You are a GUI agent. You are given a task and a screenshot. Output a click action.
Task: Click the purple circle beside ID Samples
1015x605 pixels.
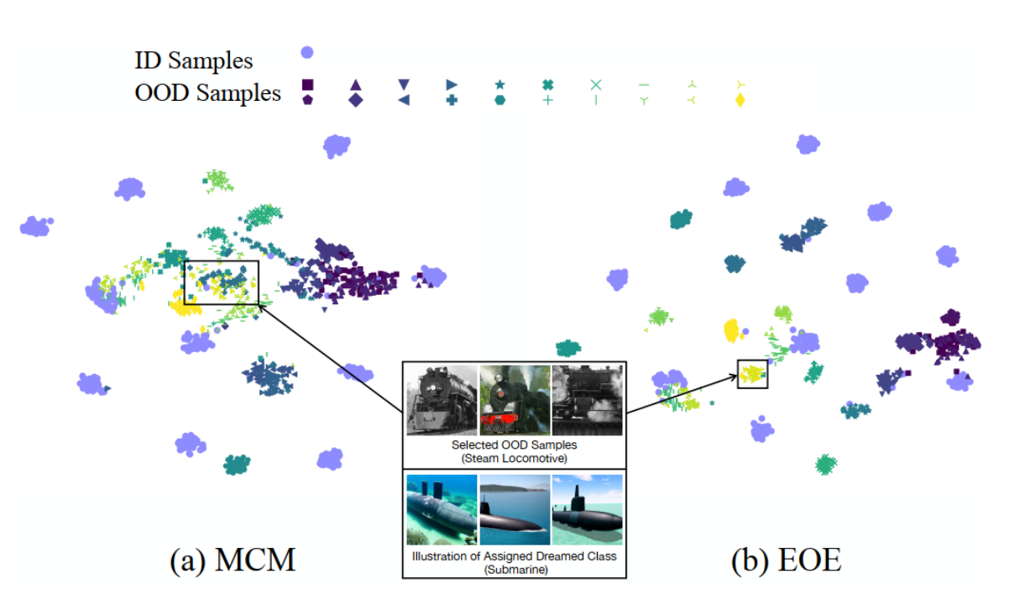(x=307, y=53)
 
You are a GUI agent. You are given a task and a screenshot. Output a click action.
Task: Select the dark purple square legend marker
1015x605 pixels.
(x=307, y=84)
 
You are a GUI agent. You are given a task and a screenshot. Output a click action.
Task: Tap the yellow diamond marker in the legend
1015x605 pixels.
(x=740, y=101)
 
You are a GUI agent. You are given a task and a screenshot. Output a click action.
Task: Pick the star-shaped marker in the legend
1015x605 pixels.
(x=500, y=84)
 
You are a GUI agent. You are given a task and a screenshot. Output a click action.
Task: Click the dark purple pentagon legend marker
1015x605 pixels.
(x=307, y=100)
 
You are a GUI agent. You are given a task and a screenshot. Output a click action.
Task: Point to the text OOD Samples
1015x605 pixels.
(x=207, y=92)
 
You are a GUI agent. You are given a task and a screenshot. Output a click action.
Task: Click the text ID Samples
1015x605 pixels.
(x=193, y=60)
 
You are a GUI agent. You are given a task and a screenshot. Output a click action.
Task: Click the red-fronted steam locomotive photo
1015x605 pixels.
(x=514, y=400)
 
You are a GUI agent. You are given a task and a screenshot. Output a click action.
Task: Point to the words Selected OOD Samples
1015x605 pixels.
(x=514, y=445)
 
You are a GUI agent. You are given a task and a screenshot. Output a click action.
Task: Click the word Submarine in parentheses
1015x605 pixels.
(x=514, y=569)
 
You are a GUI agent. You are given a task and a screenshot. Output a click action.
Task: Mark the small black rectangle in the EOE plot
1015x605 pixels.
(x=752, y=374)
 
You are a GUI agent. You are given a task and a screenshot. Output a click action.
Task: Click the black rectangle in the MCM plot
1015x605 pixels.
(x=222, y=282)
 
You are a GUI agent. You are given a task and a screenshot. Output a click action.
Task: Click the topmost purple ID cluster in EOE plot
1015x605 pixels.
(x=808, y=144)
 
